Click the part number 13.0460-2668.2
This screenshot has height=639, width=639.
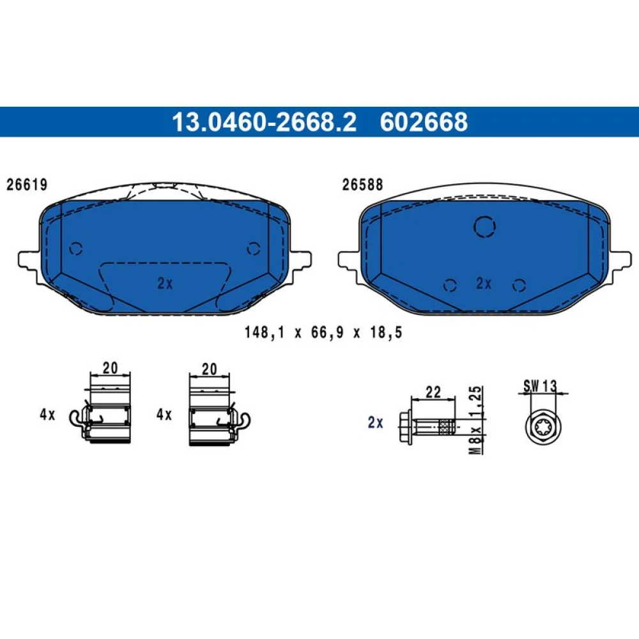(264, 122)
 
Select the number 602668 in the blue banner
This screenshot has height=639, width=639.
(424, 122)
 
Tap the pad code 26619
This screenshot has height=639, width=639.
(27, 185)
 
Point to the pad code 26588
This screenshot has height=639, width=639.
(362, 185)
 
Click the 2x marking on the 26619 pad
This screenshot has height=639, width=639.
(165, 283)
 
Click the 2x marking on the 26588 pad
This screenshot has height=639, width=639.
(484, 283)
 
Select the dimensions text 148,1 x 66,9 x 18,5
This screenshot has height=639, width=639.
(323, 332)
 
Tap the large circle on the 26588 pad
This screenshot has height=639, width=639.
(484, 227)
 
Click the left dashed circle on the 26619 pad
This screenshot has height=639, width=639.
(76, 249)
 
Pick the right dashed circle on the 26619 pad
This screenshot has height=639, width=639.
(254, 249)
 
